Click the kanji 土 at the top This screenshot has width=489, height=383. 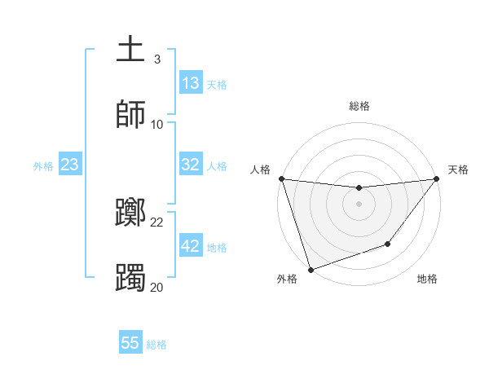coord(130,49)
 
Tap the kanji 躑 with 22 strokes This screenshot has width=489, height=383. coord(130,214)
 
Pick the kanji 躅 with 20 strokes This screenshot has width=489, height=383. coord(130,277)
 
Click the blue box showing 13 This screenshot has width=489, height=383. coord(191,83)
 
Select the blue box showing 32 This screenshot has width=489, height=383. coord(191,165)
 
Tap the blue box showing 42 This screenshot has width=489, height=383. coord(191,246)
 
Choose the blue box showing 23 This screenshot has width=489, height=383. coord(70,165)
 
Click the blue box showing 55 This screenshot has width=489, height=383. coord(130,343)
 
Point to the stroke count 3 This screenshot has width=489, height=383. coord(156,59)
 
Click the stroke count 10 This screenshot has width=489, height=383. coord(157,124)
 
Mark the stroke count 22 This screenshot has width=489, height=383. coord(157,222)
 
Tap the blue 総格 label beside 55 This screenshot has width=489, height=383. coord(156,345)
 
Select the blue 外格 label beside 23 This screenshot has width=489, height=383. coord(43,165)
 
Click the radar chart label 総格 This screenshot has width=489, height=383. coord(359,106)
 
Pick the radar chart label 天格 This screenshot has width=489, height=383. coord(458,169)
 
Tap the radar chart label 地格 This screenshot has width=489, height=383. coord(427,279)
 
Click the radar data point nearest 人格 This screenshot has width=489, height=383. coord(281,178)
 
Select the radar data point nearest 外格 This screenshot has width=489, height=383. coord(311,269)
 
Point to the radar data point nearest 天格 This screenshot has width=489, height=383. coord(436,178)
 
